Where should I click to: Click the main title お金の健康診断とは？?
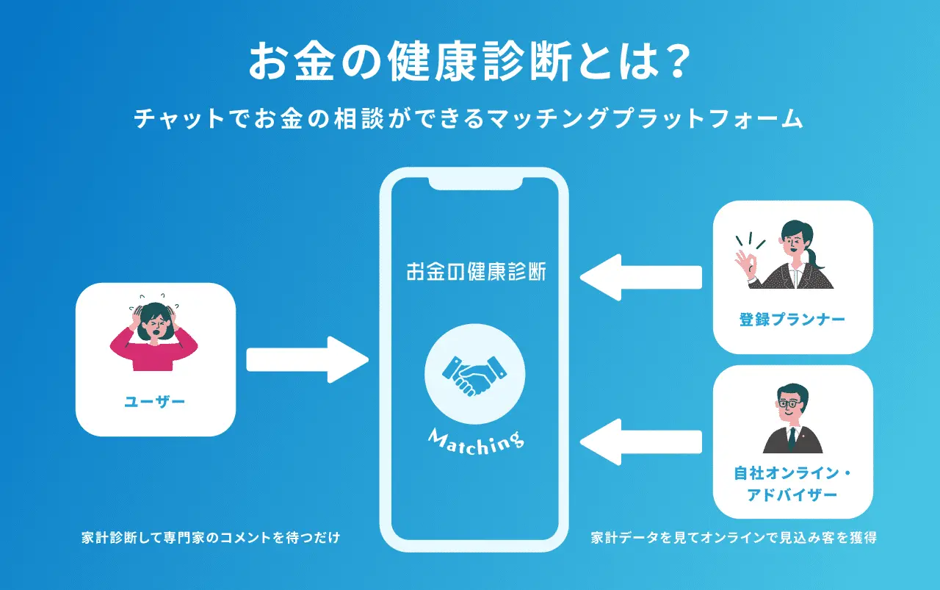tap(469, 61)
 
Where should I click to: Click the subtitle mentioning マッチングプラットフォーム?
tap(469, 119)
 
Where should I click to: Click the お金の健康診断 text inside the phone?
tap(475, 272)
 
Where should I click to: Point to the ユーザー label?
tap(155, 401)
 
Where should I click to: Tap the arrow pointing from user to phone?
tap(306, 359)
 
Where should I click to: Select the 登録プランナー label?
tap(792, 320)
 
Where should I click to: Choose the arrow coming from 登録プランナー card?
tap(641, 277)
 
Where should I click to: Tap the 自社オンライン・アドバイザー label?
tap(792, 484)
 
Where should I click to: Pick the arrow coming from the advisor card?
tap(641, 441)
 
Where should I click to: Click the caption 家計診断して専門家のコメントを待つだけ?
tap(211, 538)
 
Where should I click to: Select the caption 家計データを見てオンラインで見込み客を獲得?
tap(734, 538)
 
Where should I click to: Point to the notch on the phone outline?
tap(474, 182)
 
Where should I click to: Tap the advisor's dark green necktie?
tap(792, 439)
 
